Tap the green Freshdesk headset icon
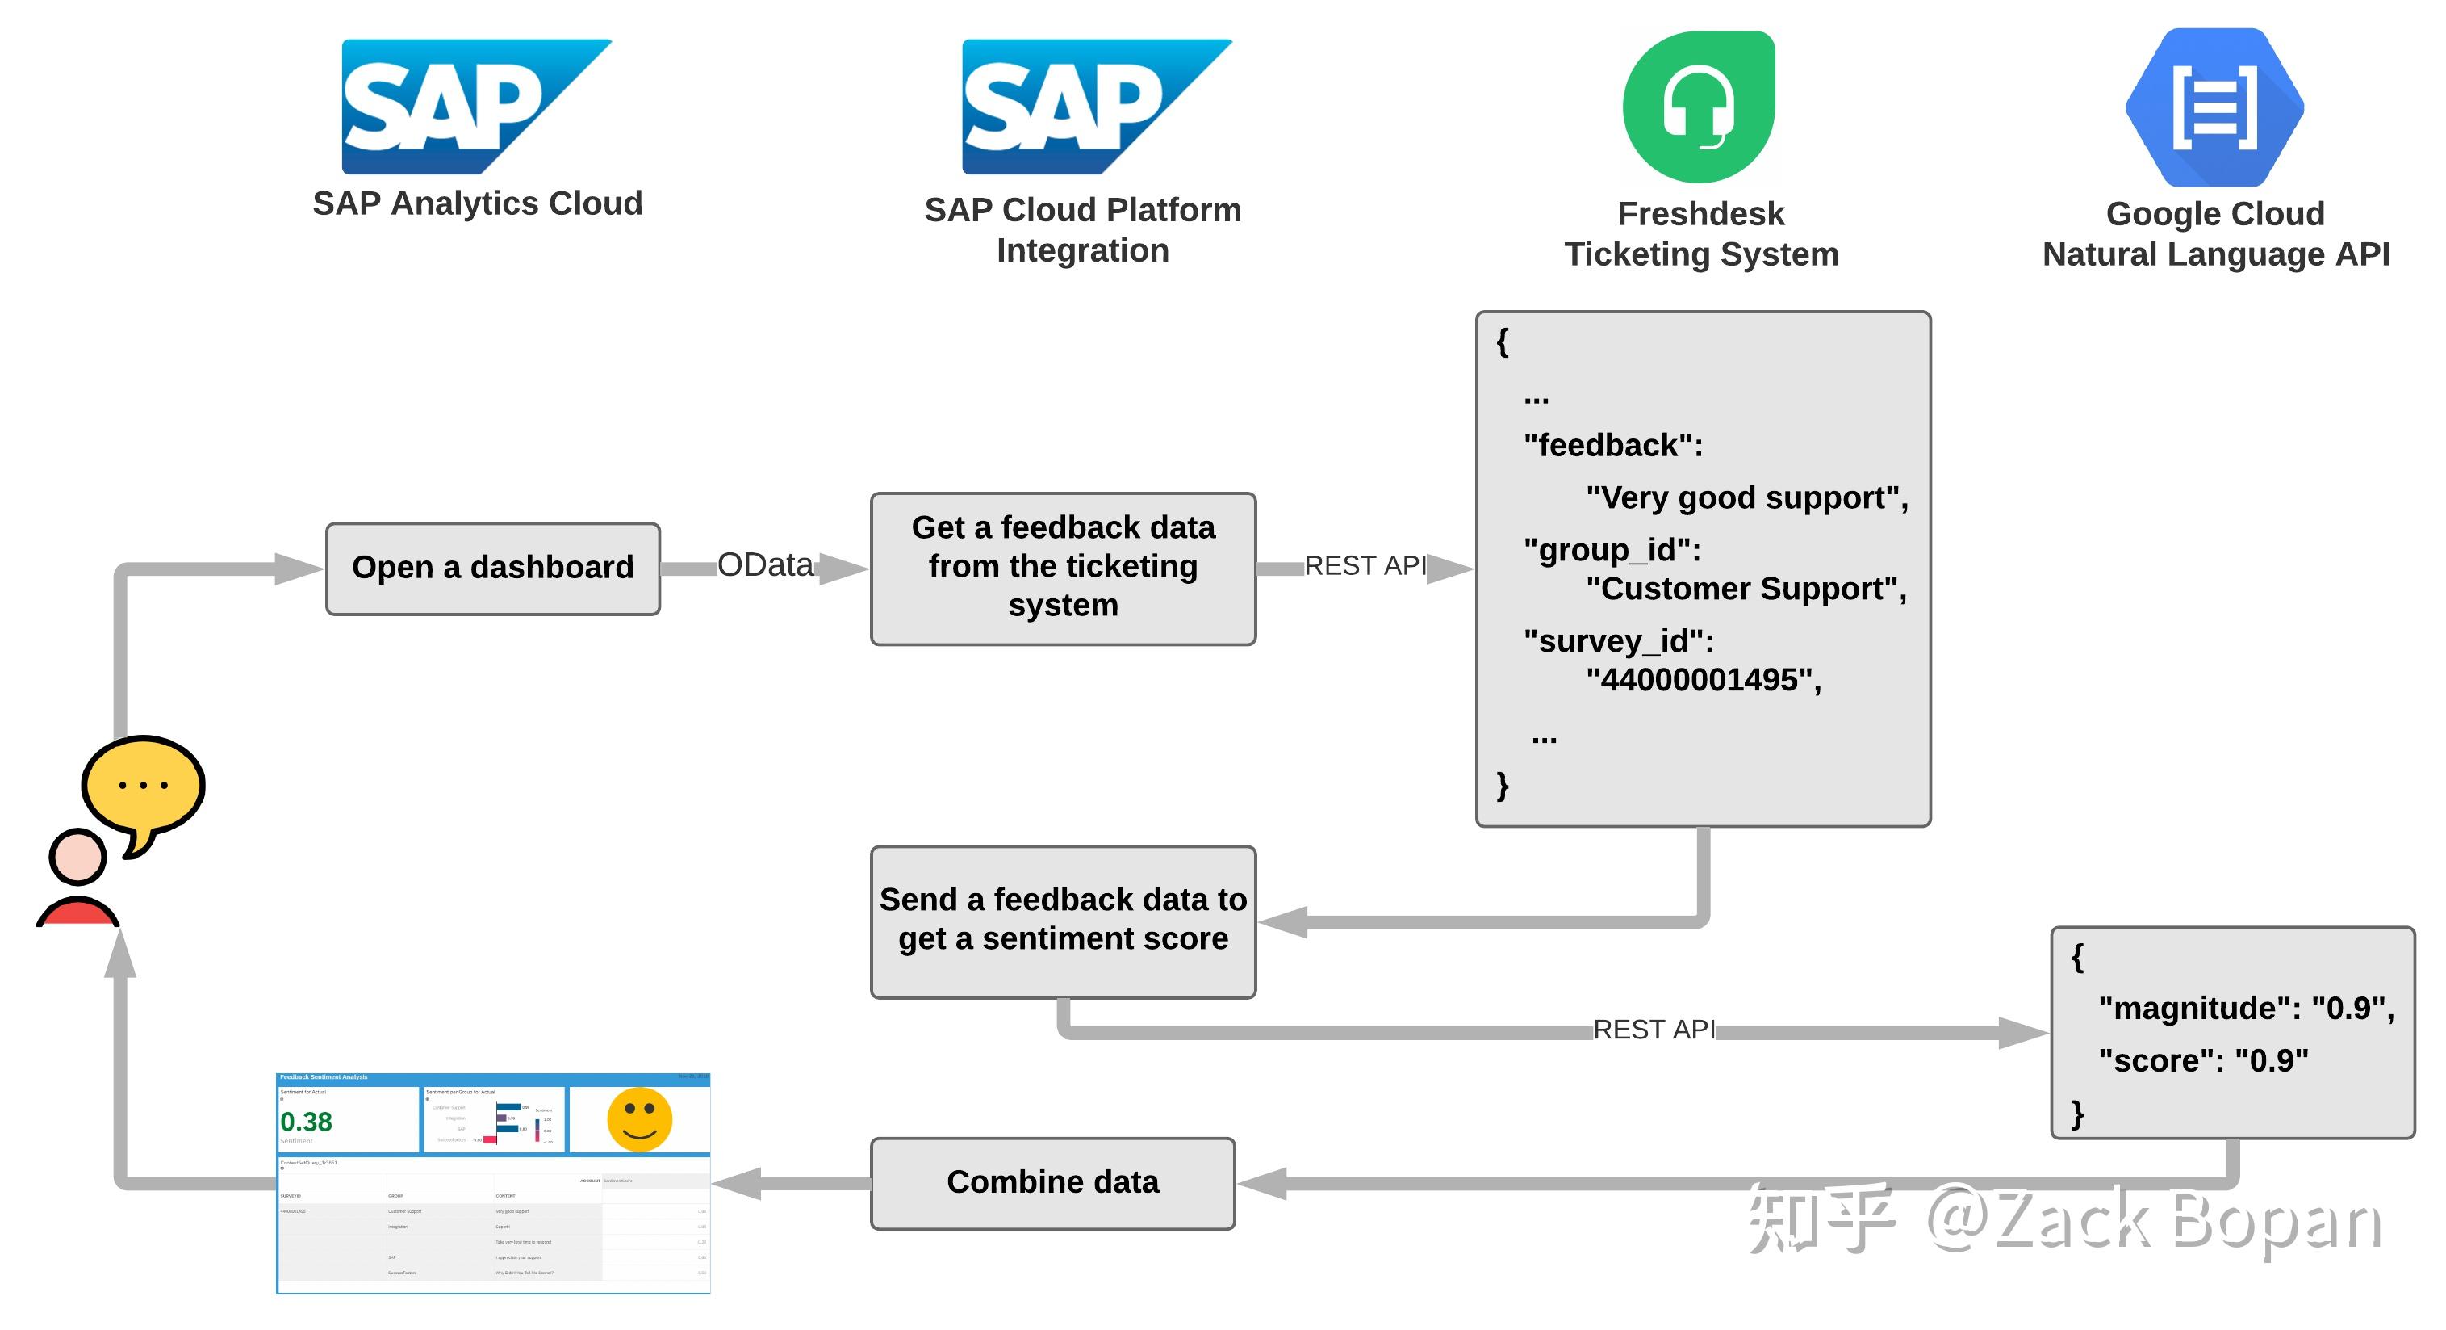coord(1700,107)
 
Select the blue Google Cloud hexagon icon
coord(2214,107)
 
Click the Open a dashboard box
coord(493,569)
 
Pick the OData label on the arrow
coord(764,565)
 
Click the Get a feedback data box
coord(1063,569)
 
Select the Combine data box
coord(1052,1183)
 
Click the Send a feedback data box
coord(1063,921)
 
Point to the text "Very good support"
coord(1746,497)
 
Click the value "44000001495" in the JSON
coord(1703,680)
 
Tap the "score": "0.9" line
coord(2203,1060)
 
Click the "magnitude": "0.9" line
coord(2246,1008)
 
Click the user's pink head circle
coord(77,857)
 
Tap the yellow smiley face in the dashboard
coord(639,1119)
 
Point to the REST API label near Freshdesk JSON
coord(1365,566)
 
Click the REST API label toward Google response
coord(1654,1030)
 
